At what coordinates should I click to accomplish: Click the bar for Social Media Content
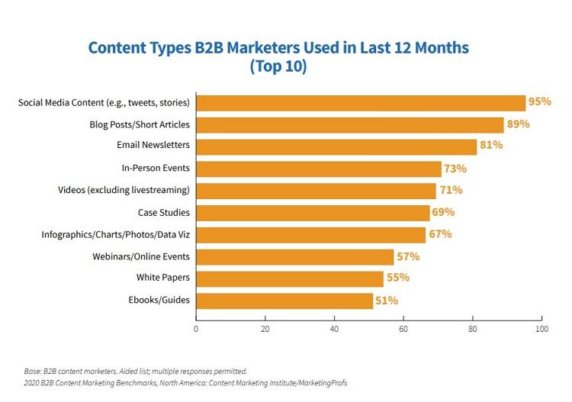[x=361, y=102]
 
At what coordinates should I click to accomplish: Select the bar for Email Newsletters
[x=336, y=146]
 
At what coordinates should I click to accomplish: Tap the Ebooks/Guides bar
[x=284, y=301]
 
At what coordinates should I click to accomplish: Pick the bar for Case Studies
[x=313, y=213]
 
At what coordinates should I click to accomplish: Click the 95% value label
[x=539, y=102]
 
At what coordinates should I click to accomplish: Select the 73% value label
[x=455, y=169]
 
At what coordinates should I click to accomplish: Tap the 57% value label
[x=407, y=257]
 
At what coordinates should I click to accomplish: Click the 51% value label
[x=386, y=301]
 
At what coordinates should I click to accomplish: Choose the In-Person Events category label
[x=156, y=169]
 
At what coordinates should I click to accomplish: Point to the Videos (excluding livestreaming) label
[x=124, y=191]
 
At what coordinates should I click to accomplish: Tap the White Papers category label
[x=163, y=278]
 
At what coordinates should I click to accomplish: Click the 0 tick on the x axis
[x=196, y=329]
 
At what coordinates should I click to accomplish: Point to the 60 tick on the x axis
[x=403, y=329]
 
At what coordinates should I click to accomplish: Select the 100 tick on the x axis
[x=541, y=329]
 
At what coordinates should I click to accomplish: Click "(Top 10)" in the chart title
[x=278, y=66]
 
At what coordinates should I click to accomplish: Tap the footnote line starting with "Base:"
[x=135, y=371]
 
